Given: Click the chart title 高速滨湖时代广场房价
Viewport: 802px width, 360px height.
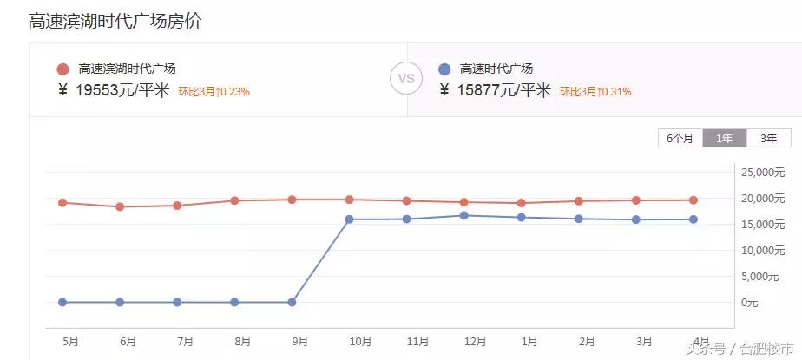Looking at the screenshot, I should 115,22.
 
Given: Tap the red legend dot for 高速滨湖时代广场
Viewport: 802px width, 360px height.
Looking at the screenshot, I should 62,69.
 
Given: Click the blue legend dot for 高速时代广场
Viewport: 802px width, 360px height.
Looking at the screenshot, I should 444,69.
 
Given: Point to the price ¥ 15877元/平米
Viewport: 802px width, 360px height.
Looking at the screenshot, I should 496,90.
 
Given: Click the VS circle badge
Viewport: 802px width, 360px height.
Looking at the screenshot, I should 406,78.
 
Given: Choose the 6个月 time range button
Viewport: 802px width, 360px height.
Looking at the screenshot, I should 680,138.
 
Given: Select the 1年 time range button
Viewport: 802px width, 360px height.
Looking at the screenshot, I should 724,138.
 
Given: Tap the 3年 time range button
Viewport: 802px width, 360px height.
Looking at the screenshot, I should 768,138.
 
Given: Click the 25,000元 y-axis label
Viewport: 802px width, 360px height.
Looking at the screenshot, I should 763,173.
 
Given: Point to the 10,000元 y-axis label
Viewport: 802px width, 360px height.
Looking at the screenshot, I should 763,251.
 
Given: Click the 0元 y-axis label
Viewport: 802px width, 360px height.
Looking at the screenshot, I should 750,303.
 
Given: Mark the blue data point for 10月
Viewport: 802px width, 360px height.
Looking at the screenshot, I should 349,219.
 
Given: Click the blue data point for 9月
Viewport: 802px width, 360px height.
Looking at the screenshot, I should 292,303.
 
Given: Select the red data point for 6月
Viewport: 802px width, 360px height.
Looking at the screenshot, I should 120,206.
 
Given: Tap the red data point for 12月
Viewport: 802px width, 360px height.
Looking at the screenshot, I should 463,202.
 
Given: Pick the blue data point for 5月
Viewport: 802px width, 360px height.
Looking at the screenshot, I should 62,303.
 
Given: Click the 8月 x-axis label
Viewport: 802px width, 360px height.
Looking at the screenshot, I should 243,341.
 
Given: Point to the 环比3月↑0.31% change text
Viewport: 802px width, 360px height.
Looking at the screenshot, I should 595,91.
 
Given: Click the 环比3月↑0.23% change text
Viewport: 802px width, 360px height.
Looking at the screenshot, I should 214,91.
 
